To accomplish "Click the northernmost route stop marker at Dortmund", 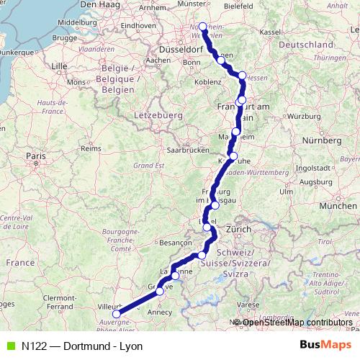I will tap(202, 27).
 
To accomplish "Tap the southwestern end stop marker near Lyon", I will tap(117, 313).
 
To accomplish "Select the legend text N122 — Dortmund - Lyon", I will tap(82, 346).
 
